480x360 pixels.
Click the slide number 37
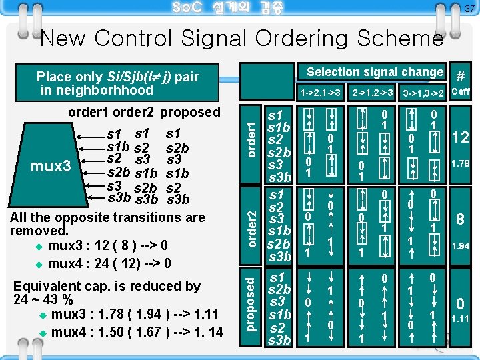pyautogui.click(x=469, y=9)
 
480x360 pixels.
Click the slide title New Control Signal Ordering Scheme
pyautogui.click(x=241, y=39)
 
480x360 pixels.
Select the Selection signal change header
pyautogui.click(x=375, y=72)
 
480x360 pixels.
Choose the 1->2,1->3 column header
pyautogui.click(x=321, y=91)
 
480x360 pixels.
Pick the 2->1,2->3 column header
pyautogui.click(x=372, y=91)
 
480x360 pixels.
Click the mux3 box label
pyautogui.click(x=51, y=165)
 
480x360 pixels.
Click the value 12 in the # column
pyautogui.click(x=461, y=137)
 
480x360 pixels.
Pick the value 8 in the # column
pyautogui.click(x=460, y=219)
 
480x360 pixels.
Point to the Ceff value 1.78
pyautogui.click(x=461, y=164)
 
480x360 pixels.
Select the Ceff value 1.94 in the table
pyautogui.click(x=461, y=246)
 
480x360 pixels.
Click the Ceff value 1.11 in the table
pyautogui.click(x=461, y=319)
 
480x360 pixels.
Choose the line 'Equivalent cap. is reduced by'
pyautogui.click(x=107, y=285)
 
